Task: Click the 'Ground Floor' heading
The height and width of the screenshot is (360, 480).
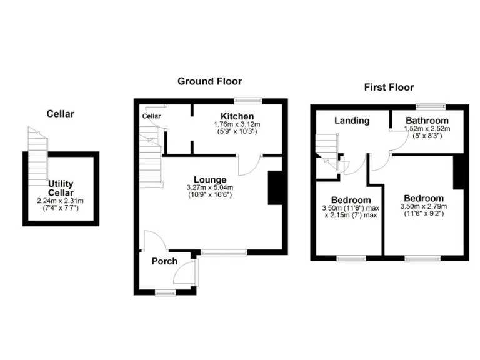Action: [x=209, y=81]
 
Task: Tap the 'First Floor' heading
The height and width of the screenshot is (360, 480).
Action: [x=389, y=87]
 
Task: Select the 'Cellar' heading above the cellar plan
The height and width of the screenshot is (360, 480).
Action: [x=61, y=114]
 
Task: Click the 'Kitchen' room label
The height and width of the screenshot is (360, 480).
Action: [x=237, y=116]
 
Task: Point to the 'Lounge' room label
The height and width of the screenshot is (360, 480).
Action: [x=209, y=179]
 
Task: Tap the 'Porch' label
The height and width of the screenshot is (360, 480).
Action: [x=164, y=261]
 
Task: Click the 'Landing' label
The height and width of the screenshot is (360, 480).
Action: [x=352, y=121]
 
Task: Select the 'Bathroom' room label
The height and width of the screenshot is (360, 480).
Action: [x=427, y=121]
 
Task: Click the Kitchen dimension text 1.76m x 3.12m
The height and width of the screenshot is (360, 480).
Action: [x=237, y=124]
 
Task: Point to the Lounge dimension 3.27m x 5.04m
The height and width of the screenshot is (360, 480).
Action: [x=209, y=188]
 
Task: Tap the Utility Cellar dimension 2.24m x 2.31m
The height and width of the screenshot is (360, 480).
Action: [x=61, y=201]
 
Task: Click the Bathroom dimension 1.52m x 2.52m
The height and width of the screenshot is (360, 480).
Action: [x=427, y=129]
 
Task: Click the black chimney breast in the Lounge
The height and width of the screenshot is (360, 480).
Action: [x=275, y=187]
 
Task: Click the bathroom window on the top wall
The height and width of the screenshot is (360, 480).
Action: [x=431, y=106]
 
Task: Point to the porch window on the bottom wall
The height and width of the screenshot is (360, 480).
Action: [x=165, y=292]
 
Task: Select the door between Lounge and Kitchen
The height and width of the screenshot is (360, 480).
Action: [x=248, y=164]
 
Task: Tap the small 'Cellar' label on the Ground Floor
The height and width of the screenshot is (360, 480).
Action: [x=151, y=116]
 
